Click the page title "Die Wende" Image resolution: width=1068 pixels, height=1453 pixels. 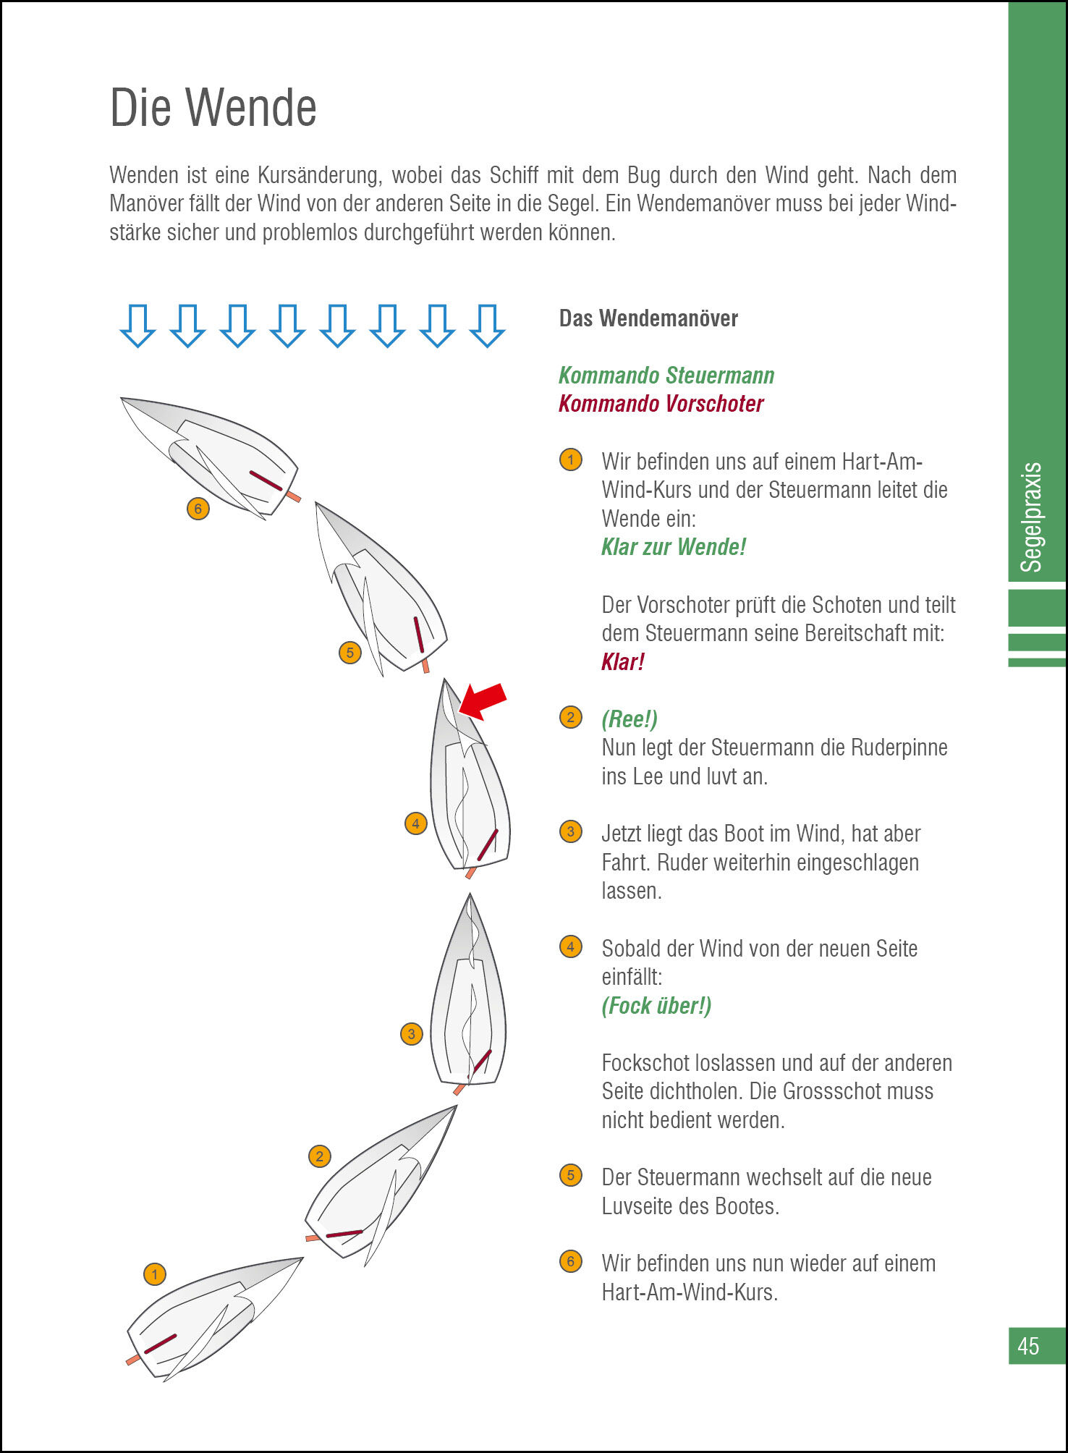213,108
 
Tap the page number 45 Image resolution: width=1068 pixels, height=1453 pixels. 1027,1346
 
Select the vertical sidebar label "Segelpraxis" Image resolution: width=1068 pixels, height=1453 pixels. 1030,517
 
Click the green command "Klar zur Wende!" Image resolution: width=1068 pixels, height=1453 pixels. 673,547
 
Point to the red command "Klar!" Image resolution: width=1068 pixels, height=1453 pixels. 622,661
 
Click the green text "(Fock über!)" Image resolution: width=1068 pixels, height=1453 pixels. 656,1005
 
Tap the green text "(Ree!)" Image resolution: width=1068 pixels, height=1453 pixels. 630,719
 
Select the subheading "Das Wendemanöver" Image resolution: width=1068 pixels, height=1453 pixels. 648,318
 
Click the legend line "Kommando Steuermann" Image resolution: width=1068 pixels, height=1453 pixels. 666,375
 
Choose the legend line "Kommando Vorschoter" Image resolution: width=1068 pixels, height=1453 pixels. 661,404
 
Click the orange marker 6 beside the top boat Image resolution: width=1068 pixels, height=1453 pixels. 198,509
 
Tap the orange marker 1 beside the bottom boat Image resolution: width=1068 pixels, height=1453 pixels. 154,1274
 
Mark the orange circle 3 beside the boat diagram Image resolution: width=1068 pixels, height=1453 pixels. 411,1033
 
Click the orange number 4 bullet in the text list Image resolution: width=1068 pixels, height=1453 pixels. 570,946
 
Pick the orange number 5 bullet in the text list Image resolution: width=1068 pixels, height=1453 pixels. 570,1175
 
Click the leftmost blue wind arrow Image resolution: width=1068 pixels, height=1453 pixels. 137,326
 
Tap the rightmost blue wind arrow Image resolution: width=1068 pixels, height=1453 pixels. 487,326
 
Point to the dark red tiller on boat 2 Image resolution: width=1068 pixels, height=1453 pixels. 344,1233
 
